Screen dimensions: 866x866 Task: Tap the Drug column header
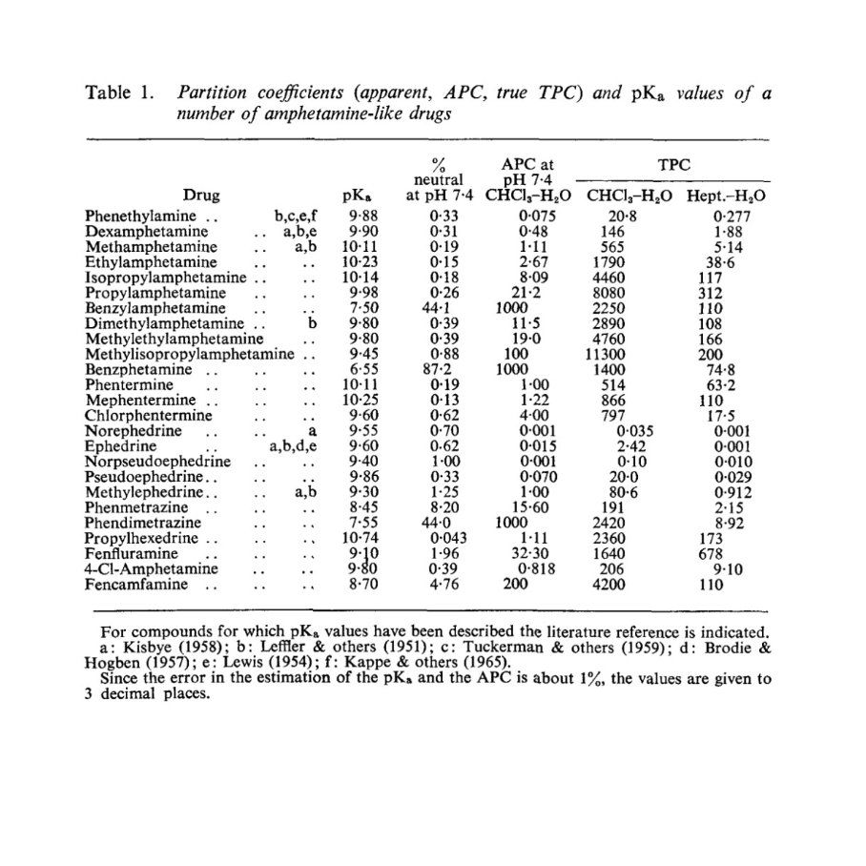[x=202, y=196]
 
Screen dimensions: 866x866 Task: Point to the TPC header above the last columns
[x=674, y=163]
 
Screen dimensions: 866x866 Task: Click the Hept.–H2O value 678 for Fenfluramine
[x=711, y=553]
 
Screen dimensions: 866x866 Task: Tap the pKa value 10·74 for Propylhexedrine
[x=360, y=538]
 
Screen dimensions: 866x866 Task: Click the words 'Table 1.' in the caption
[x=120, y=93]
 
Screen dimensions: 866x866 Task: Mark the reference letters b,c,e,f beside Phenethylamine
[x=295, y=217]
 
